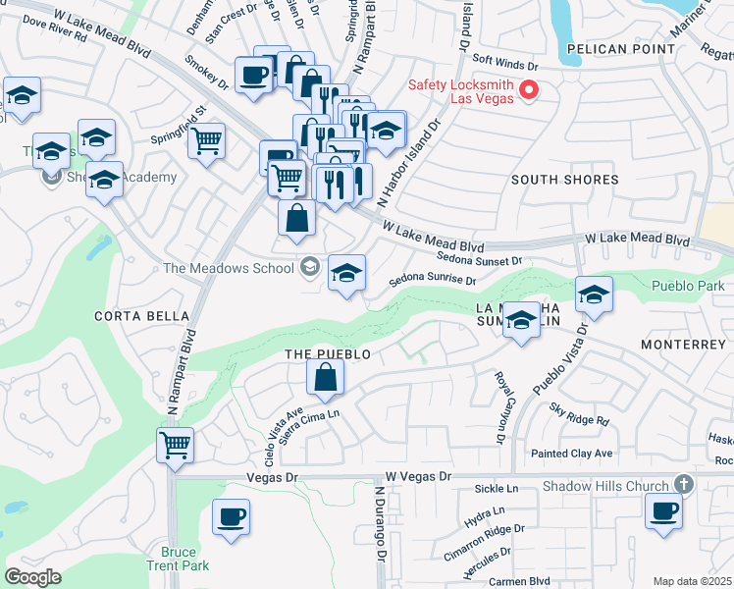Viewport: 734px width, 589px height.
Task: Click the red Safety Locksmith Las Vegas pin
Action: (x=530, y=90)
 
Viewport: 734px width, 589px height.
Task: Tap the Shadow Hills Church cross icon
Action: (x=684, y=484)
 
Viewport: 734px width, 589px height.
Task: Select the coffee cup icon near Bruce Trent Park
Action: (x=231, y=516)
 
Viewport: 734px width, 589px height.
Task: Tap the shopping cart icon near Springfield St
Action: (x=206, y=141)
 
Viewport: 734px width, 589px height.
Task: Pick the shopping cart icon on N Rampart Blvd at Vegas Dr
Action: (x=175, y=445)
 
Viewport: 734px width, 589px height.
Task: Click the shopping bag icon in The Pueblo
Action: (x=325, y=375)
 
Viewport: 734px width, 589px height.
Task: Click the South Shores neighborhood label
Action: (x=564, y=180)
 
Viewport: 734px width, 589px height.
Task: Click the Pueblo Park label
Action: (x=685, y=287)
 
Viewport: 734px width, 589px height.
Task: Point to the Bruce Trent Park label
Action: (x=179, y=559)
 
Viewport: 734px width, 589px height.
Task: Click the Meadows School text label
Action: (x=229, y=268)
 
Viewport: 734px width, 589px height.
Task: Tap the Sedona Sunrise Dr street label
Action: (x=432, y=280)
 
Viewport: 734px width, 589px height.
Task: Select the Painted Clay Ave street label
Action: (x=571, y=453)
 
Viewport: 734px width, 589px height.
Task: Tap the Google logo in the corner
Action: (x=33, y=577)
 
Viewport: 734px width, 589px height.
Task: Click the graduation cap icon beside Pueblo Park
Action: (x=594, y=294)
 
